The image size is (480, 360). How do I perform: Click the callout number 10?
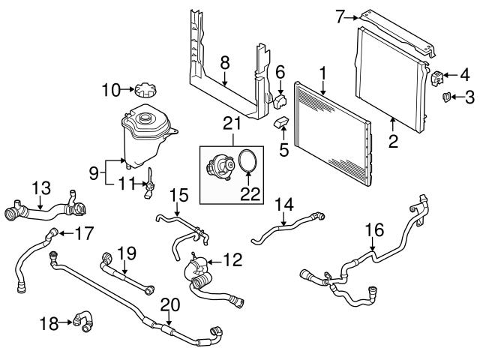point(110,91)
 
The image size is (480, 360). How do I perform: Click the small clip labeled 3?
point(445,96)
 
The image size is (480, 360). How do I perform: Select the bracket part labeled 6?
point(280,98)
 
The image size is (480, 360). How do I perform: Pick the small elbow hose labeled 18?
point(85,322)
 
